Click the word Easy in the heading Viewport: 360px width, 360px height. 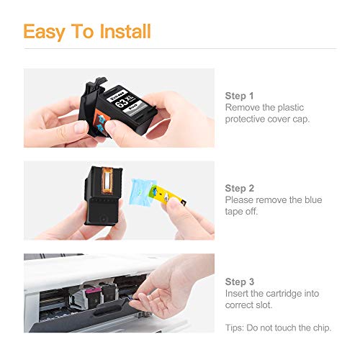coord(45,32)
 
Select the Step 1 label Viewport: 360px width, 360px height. coord(240,95)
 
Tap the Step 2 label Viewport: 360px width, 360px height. coord(240,187)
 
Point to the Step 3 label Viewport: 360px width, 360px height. coord(240,282)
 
